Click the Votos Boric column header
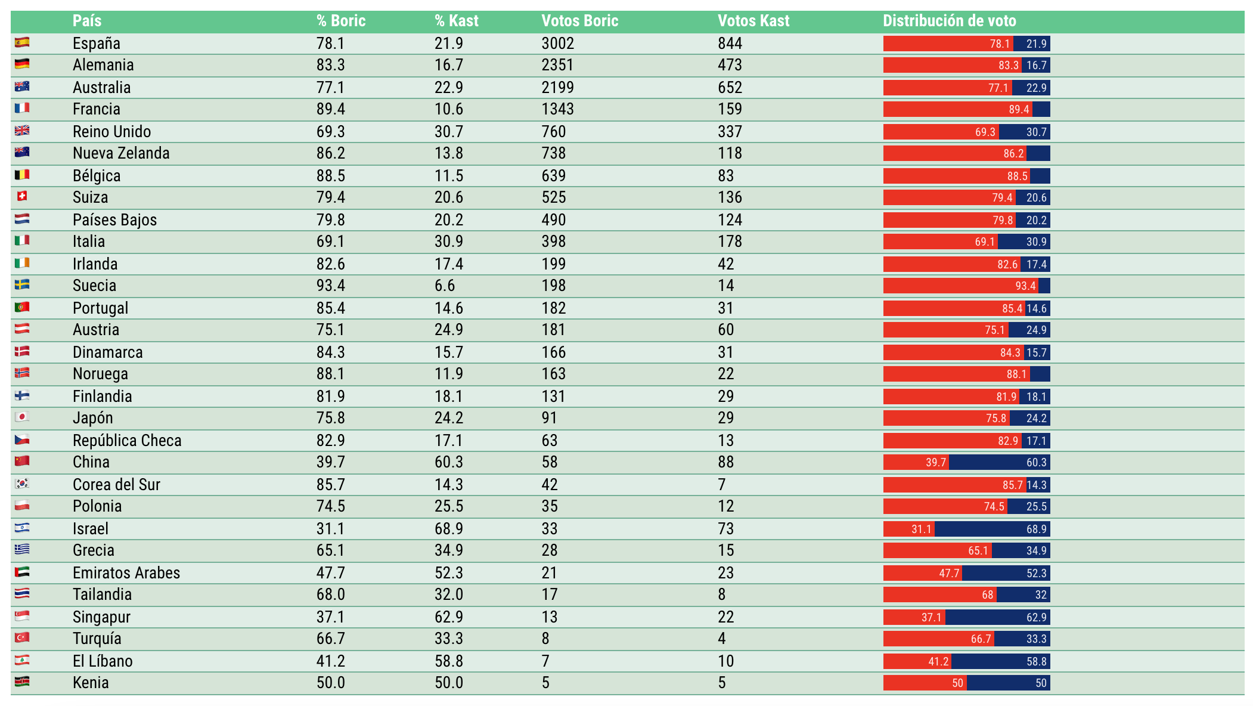coord(579,21)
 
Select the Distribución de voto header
coord(950,21)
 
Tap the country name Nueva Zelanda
coord(121,153)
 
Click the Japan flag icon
coord(22,417)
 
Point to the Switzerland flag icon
coord(22,196)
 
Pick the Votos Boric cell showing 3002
coord(557,44)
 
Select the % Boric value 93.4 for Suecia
coord(330,286)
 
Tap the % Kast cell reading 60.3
coord(448,462)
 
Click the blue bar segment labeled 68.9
coord(993,529)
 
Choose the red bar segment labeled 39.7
coord(916,462)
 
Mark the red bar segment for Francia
coord(958,109)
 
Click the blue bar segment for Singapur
coord(998,617)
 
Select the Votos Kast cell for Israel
coord(725,529)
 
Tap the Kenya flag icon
coord(22,682)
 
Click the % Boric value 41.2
coord(330,661)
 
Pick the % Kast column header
coord(456,21)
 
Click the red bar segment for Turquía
coord(939,639)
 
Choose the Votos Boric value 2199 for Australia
coord(557,88)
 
